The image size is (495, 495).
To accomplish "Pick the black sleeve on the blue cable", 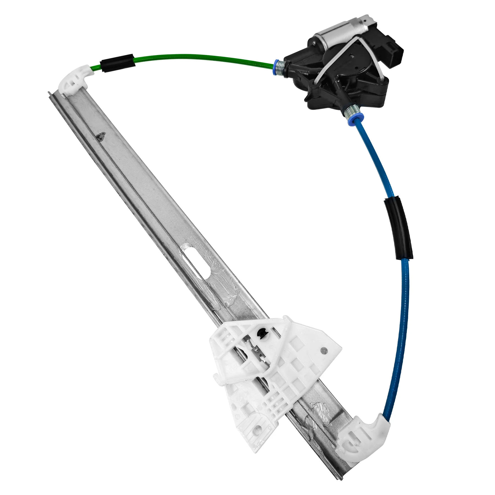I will [398, 228].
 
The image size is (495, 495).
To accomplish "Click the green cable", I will [193, 57].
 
